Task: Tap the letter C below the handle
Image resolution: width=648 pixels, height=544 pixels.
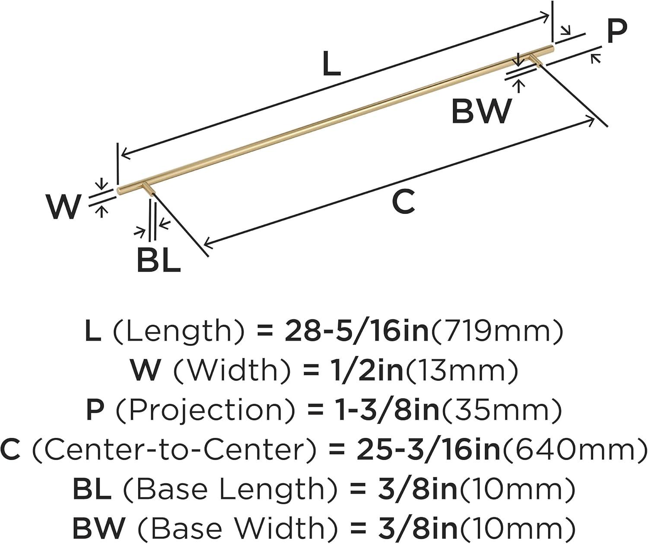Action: click(x=403, y=202)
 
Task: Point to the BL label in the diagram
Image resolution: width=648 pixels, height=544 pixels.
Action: click(x=158, y=261)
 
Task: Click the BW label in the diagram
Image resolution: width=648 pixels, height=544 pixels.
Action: click(x=481, y=111)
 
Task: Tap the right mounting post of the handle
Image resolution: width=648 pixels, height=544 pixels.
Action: click(x=535, y=60)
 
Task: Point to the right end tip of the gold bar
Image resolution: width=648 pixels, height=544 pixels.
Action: click(x=551, y=47)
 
